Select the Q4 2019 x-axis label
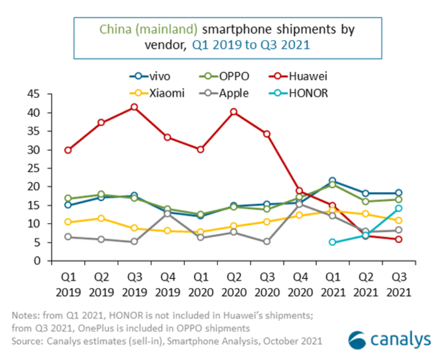coord(167,284)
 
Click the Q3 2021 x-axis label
coord(399,284)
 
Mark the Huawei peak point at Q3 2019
coord(134,107)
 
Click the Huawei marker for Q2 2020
coord(234,112)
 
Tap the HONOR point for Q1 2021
coord(332,242)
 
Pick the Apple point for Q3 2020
coord(266,241)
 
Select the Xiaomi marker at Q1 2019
coord(68,222)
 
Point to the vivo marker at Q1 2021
coord(332,181)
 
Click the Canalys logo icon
coord(358,339)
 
